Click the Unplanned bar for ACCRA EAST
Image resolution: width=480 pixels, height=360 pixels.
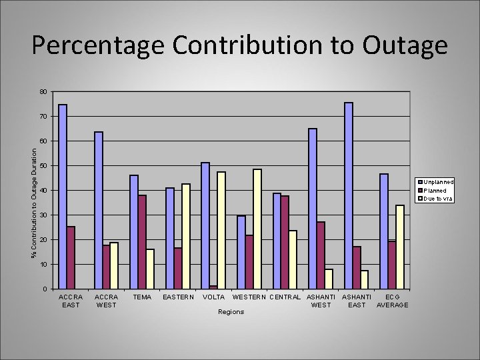tap(63, 197)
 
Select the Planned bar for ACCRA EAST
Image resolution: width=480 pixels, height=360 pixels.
tap(71, 257)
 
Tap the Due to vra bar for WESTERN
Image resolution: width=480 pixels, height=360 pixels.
tap(257, 229)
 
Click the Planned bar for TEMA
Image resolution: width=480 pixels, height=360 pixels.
tap(142, 241)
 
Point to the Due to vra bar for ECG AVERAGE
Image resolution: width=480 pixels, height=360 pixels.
tap(400, 247)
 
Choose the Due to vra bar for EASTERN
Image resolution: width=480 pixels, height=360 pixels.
tap(186, 236)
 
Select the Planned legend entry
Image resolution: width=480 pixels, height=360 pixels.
tap(435, 191)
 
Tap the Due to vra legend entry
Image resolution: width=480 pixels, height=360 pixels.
tap(436, 199)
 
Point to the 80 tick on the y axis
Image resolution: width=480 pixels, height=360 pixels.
tap(42, 91)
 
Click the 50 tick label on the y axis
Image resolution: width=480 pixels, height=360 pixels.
tap(42, 165)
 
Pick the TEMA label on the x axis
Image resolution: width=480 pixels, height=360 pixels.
tap(142, 297)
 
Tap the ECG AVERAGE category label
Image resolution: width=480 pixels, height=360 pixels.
tap(393, 301)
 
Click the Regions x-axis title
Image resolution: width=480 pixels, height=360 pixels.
tap(231, 312)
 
